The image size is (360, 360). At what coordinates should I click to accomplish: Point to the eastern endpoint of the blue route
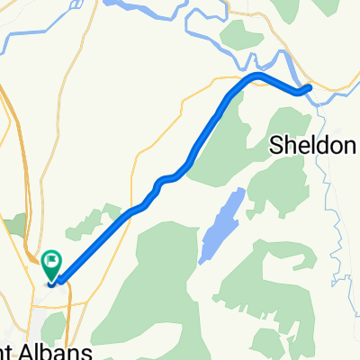coord(308,88)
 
